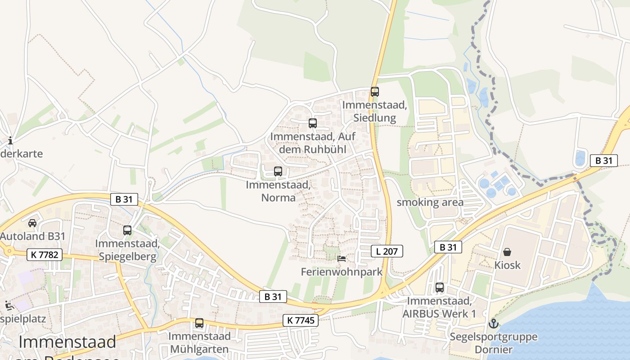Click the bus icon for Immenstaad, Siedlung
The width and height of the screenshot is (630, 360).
tap(375, 92)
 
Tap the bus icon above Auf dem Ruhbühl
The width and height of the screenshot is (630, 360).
tap(312, 123)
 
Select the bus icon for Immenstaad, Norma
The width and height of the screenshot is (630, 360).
tap(278, 171)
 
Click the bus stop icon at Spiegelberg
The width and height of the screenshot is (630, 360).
tap(127, 230)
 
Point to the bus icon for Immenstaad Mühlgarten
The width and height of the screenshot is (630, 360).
tap(199, 323)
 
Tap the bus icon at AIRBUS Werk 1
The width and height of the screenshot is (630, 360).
tap(440, 287)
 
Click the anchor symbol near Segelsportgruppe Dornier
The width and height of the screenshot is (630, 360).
tap(494, 324)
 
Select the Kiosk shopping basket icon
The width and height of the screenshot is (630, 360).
tap(507, 252)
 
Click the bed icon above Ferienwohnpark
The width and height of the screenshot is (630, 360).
tap(342, 259)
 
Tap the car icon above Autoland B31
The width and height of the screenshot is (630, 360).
tap(32, 223)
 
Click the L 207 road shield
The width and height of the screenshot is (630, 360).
tap(387, 251)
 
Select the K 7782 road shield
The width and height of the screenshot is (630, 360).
tap(44, 255)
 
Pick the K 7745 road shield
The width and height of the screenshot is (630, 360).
tap(301, 320)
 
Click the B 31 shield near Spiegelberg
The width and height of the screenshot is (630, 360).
tap(124, 199)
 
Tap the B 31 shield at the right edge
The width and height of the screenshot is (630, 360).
tap(603, 160)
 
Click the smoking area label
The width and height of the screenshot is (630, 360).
tap(430, 202)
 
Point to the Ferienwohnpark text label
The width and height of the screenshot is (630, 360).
tap(342, 272)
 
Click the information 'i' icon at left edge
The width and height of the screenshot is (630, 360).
tap(10, 141)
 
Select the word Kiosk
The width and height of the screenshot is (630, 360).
tap(507, 265)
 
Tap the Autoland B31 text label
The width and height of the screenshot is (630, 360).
tap(33, 236)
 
